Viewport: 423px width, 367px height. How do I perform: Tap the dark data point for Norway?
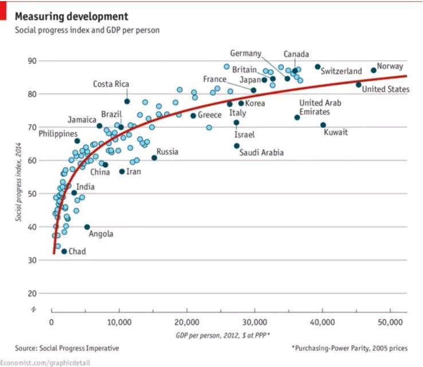click(x=374, y=70)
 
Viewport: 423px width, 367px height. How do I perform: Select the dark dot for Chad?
click(x=64, y=251)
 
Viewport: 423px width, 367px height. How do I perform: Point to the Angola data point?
click(x=87, y=227)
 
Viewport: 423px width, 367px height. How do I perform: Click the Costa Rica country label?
click(x=111, y=84)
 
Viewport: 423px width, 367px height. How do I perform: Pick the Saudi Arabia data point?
click(x=237, y=145)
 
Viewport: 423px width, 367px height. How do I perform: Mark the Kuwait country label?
click(x=336, y=133)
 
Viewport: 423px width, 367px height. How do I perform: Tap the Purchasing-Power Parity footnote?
click(x=349, y=348)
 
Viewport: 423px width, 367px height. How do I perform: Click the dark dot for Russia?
click(x=154, y=157)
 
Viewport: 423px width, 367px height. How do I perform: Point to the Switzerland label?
click(x=342, y=72)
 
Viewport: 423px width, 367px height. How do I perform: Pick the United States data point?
click(x=359, y=85)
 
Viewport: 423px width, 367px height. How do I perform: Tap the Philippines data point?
click(x=77, y=141)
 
